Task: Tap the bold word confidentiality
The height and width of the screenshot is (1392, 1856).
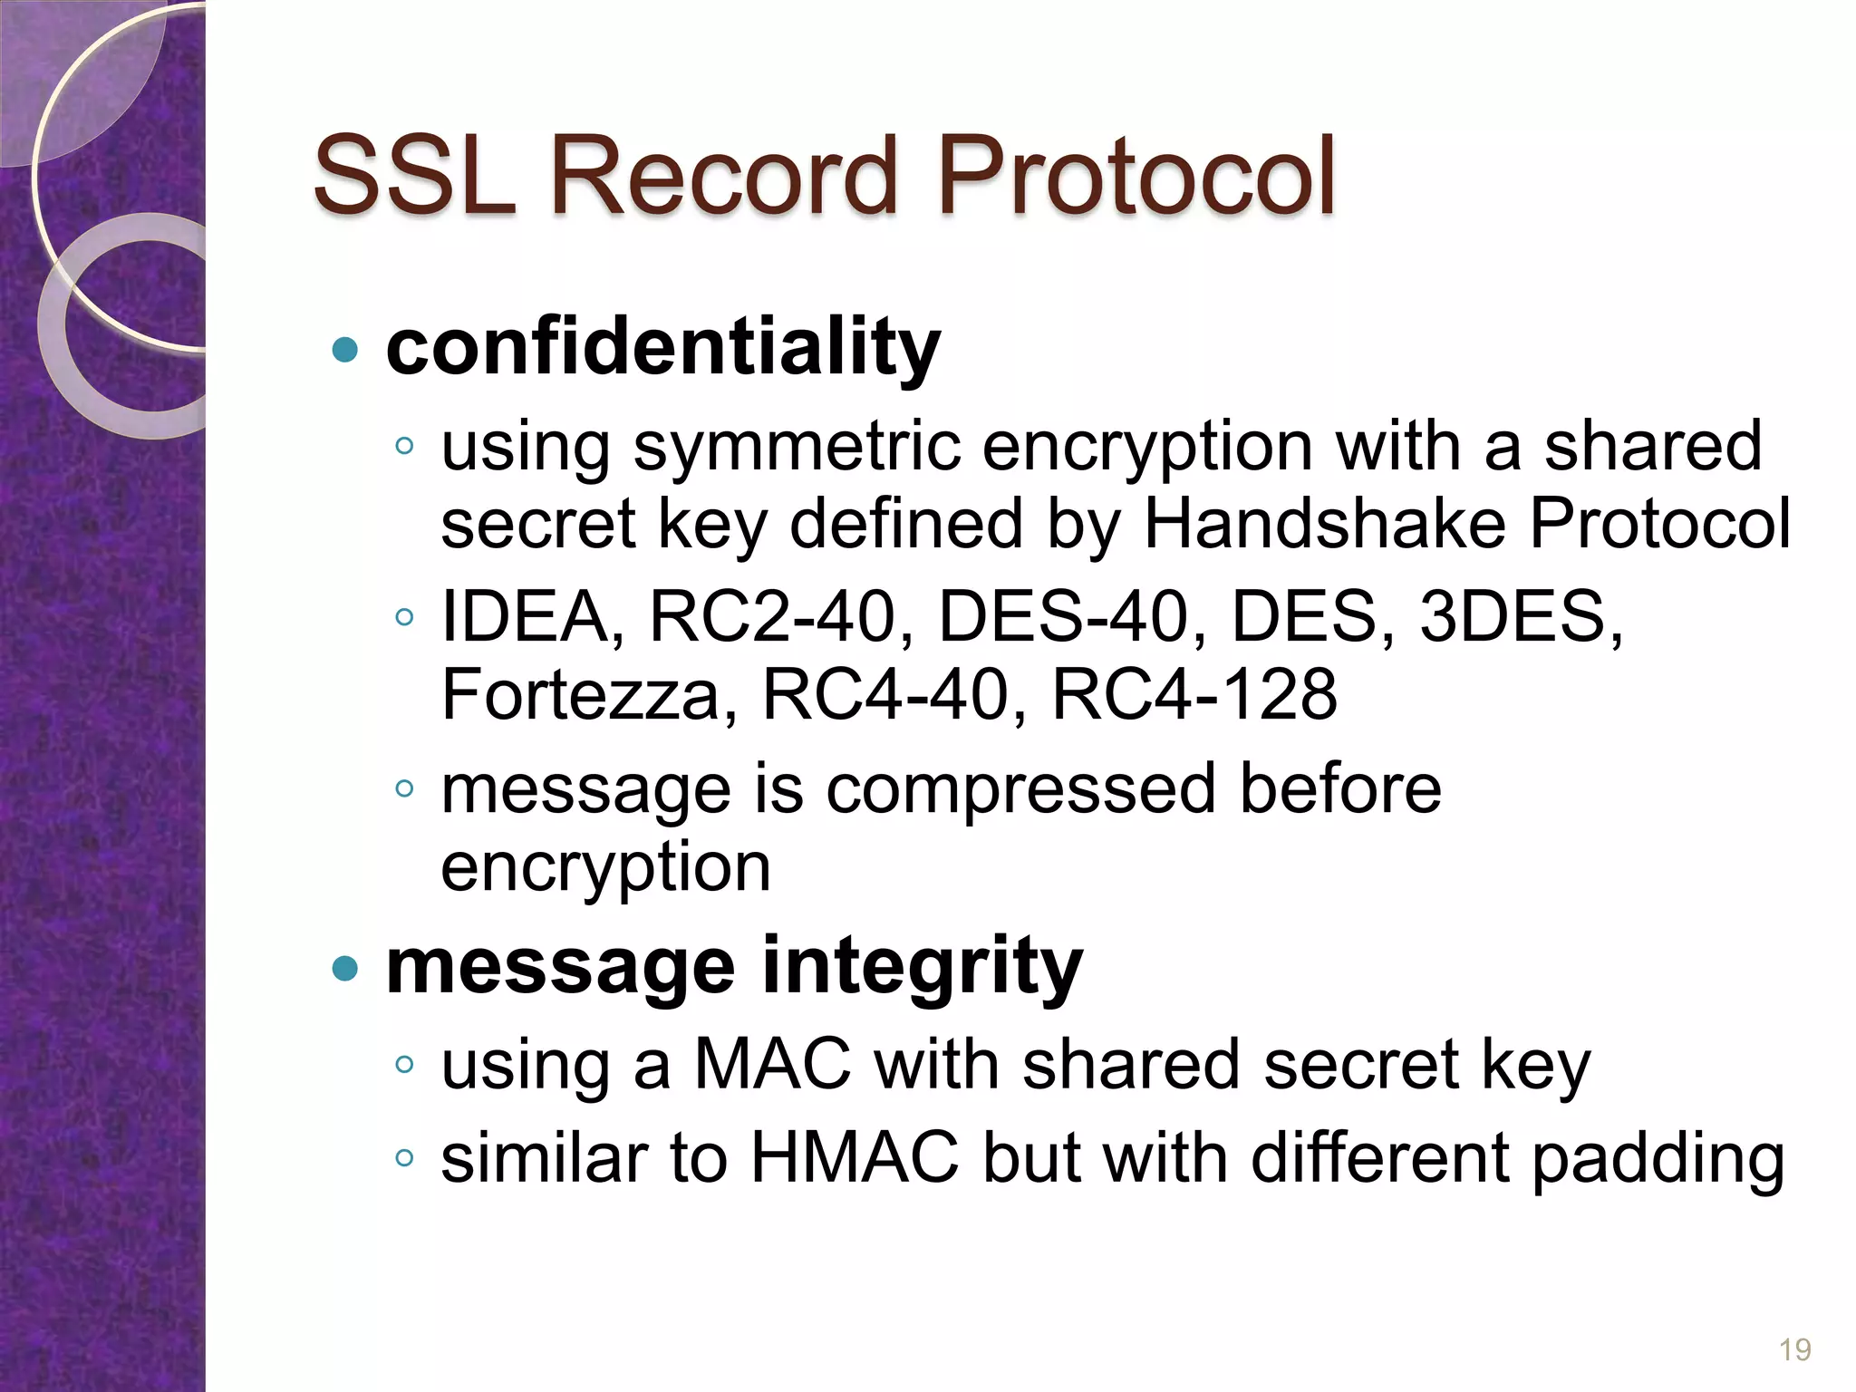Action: click(663, 349)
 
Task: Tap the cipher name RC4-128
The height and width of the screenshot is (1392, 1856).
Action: click(1194, 696)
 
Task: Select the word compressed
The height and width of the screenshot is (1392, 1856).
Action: click(1020, 789)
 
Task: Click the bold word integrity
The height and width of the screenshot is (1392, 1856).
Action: click(922, 966)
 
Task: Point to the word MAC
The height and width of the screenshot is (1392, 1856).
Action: click(772, 1065)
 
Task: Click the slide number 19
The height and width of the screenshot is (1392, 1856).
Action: click(1795, 1350)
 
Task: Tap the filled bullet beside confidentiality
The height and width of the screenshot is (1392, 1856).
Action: click(345, 350)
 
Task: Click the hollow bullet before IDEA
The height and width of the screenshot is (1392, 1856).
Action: click(404, 618)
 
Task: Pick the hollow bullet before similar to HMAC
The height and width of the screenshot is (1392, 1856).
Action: click(404, 1158)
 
